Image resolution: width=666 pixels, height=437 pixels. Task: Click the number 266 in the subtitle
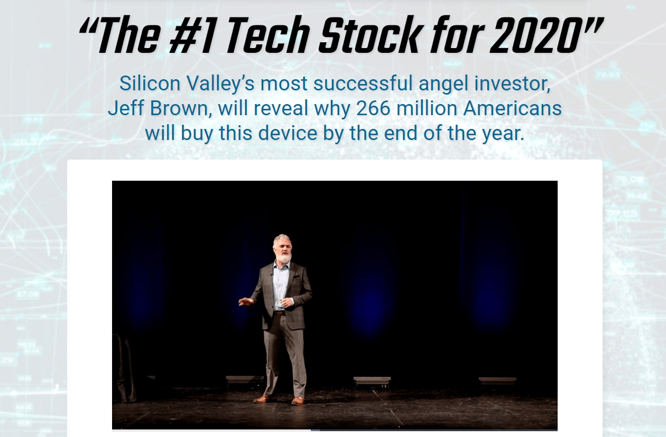click(x=373, y=108)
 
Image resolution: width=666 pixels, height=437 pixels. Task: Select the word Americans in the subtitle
click(x=512, y=108)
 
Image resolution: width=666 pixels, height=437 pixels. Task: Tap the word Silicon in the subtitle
click(x=150, y=83)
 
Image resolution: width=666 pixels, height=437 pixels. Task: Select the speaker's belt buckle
click(x=280, y=313)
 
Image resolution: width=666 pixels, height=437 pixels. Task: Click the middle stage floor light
click(x=372, y=382)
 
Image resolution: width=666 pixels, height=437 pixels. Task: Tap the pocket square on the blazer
click(x=297, y=276)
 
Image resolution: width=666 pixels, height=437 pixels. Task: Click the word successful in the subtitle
click(x=363, y=83)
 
